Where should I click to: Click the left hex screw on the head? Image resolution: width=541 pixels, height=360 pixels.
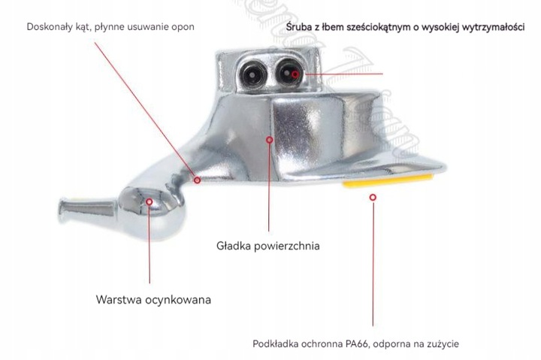pyautogui.click(x=252, y=74)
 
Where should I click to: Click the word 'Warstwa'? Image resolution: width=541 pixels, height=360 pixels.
pyautogui.click(x=119, y=299)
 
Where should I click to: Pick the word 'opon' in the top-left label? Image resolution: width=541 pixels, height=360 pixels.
pyautogui.click(x=183, y=27)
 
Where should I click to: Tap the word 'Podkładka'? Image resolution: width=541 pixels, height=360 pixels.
pyautogui.click(x=277, y=344)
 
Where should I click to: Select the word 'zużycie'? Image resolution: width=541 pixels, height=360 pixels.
pyautogui.click(x=441, y=344)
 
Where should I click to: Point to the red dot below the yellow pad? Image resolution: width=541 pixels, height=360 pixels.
pyautogui.click(x=373, y=196)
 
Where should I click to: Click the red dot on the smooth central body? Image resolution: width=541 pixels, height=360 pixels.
pyautogui.click(x=268, y=138)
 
